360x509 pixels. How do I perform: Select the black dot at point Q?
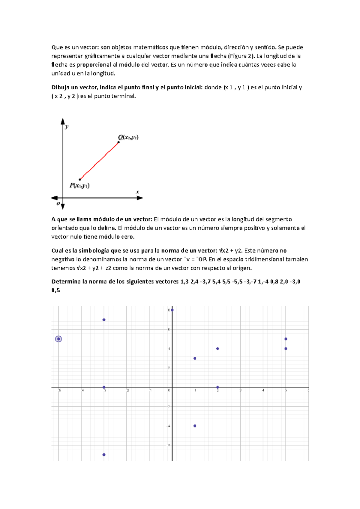[x=118, y=142]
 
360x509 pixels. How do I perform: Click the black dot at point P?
[x=80, y=180]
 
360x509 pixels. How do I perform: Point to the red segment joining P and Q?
[x=99, y=161]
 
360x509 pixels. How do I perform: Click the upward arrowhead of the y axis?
[x=63, y=121]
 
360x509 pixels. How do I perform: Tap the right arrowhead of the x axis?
[x=139, y=198]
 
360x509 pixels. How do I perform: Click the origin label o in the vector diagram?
[x=58, y=204]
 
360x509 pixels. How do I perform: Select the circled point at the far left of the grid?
[x=58, y=339]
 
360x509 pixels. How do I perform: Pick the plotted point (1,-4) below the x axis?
[x=195, y=426]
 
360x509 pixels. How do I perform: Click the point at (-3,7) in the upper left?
[x=104, y=320]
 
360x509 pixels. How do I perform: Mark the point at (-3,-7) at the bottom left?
[x=104, y=455]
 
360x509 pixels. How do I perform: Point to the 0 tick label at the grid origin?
[x=169, y=390]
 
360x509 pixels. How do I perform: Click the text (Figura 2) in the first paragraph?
[x=241, y=56]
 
